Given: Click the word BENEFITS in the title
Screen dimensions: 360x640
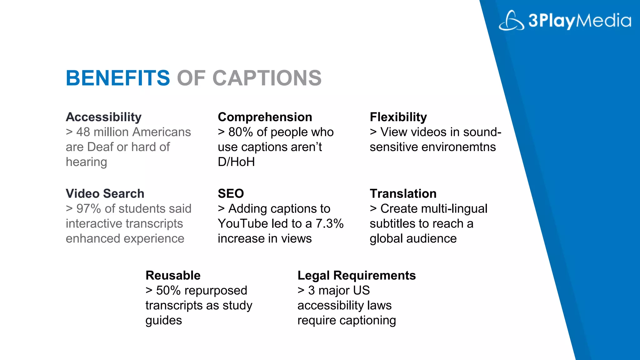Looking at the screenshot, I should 118,78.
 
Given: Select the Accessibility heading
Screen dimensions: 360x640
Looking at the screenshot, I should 103,117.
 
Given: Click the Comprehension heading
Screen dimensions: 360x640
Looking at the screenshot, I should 265,117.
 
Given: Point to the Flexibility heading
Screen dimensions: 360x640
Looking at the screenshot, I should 398,117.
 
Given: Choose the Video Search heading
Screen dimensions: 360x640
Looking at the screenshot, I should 105,194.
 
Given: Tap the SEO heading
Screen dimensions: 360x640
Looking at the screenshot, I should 231,194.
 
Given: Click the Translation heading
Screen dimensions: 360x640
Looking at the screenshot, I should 403,194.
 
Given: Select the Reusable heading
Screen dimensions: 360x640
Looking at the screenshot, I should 173,276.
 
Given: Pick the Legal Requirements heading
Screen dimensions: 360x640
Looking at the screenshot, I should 357,276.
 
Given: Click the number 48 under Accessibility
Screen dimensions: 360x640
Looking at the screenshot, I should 83,132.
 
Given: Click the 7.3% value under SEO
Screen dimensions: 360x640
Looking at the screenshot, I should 329,224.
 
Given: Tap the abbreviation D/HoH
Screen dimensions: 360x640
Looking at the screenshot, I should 236,162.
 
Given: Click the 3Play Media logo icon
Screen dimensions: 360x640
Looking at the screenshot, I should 511,21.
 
